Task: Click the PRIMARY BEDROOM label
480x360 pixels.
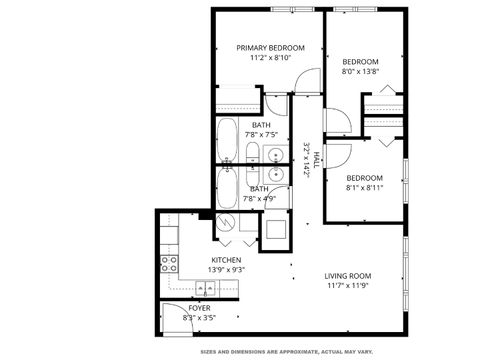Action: tap(269, 47)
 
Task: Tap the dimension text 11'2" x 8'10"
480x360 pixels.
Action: tap(269, 58)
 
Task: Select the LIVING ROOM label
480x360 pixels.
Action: tap(348, 276)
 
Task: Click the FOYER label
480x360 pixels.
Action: tap(200, 308)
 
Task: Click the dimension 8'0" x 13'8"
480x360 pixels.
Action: tap(361, 71)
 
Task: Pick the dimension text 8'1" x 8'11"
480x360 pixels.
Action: tap(364, 187)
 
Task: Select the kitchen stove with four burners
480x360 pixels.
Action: tap(169, 265)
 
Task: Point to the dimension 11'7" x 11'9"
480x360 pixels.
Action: tap(348, 287)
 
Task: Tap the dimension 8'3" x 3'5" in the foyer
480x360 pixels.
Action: tap(200, 318)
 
